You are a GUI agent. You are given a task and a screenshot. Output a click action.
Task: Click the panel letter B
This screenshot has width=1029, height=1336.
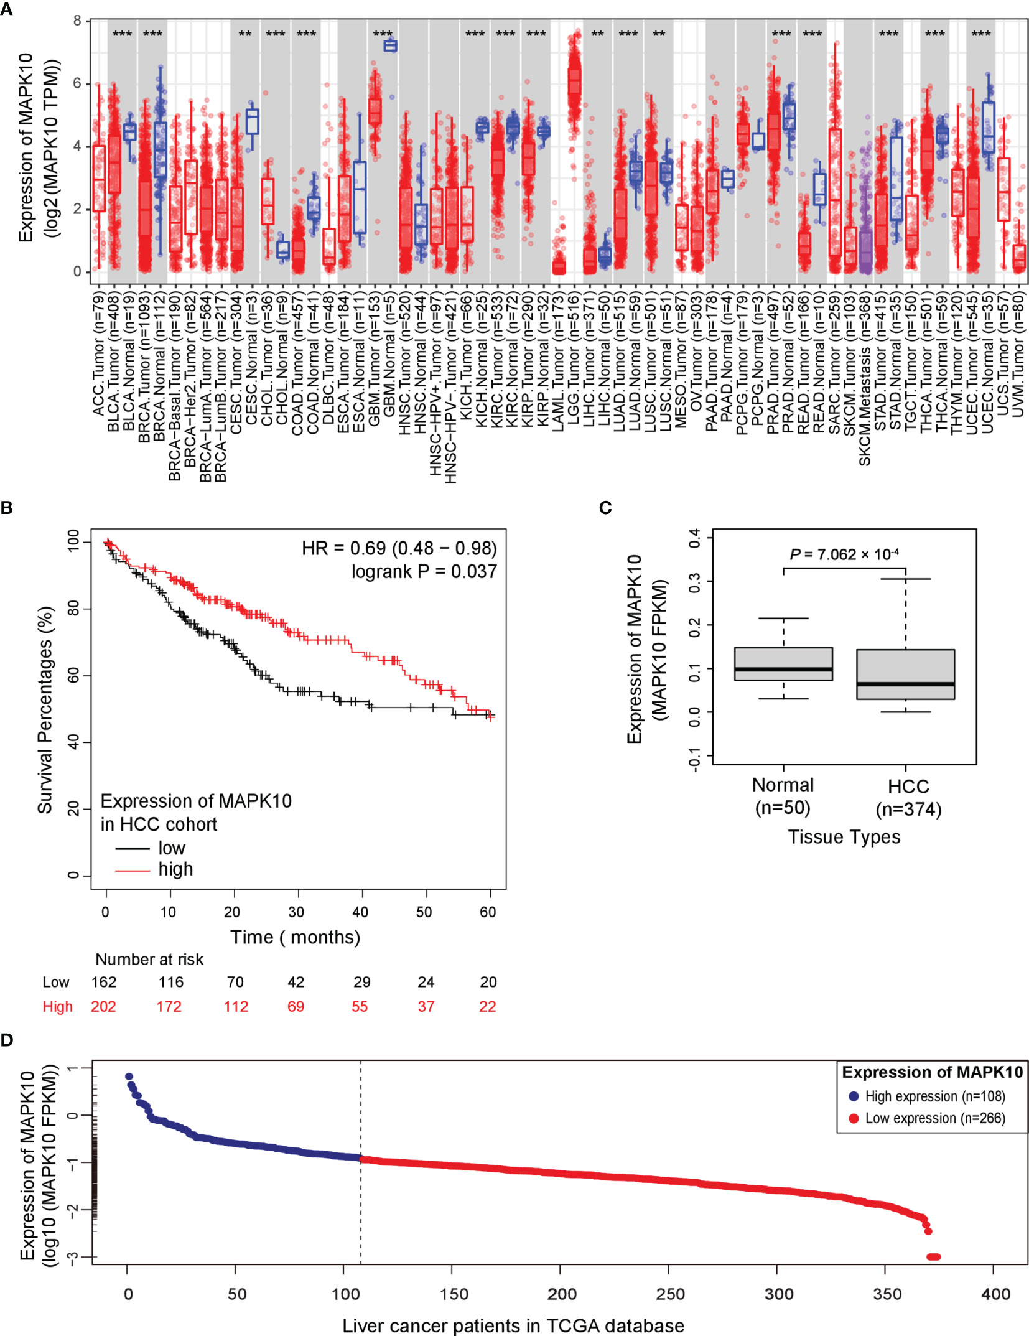(x=7, y=508)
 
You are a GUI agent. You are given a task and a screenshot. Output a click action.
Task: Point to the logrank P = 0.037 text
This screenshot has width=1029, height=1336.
(x=424, y=571)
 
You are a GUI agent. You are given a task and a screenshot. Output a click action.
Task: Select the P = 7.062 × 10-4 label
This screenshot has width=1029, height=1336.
(x=844, y=554)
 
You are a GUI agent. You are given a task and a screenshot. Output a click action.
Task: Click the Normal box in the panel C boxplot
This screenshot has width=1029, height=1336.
(x=783, y=664)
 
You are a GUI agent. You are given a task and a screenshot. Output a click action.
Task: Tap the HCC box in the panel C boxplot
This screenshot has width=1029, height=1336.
(x=905, y=675)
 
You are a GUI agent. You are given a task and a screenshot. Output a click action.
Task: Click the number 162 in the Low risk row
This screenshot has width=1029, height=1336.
(x=104, y=982)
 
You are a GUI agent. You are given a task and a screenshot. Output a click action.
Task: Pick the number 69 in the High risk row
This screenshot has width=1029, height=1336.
(x=296, y=1007)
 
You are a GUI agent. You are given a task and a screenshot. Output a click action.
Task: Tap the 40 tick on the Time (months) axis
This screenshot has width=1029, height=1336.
(x=360, y=912)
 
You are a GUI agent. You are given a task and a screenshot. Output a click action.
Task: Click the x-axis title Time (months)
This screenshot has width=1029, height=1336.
(x=295, y=937)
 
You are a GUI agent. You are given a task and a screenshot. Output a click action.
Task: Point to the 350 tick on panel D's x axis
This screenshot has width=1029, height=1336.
(x=887, y=1294)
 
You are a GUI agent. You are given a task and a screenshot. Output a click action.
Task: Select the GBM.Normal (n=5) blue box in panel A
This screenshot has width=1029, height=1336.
(x=390, y=45)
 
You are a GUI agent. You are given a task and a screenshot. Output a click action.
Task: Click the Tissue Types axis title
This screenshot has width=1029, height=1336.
(x=844, y=837)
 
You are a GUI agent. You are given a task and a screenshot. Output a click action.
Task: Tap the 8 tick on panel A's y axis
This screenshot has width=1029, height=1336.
(x=77, y=21)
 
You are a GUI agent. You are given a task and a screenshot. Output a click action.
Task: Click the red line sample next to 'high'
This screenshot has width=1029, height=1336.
(x=132, y=870)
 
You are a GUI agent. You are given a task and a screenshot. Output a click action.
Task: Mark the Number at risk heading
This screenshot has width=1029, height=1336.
(x=149, y=960)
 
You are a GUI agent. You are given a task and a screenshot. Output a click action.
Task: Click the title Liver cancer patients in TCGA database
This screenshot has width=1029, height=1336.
(x=513, y=1325)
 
